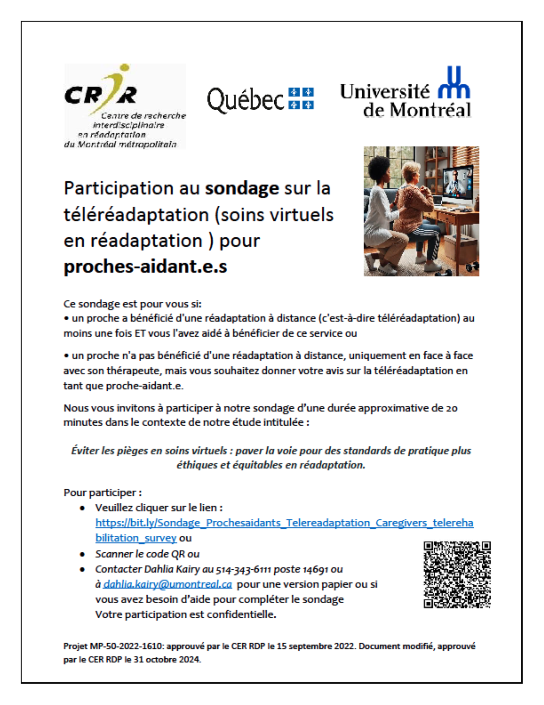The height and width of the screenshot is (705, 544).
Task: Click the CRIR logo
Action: [x=125, y=106]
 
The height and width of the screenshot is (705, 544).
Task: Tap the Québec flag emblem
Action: [x=301, y=98]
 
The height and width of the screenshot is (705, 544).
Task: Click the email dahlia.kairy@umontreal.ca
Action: [x=167, y=584]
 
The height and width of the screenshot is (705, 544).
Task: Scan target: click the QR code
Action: [x=457, y=575]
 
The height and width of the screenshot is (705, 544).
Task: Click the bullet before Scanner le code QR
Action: [x=83, y=554]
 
